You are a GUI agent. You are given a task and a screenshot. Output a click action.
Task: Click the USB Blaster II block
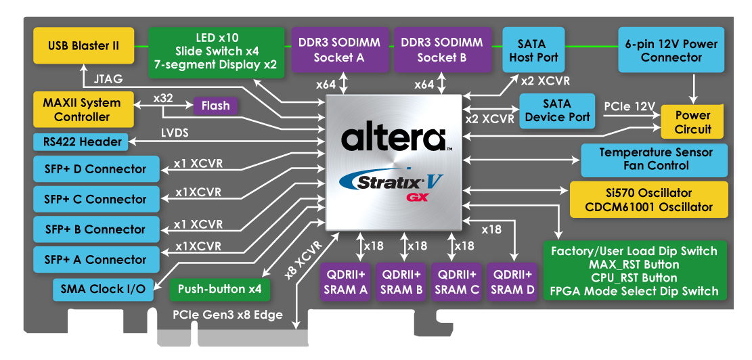(83, 46)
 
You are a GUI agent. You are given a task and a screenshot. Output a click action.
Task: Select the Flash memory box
(215, 106)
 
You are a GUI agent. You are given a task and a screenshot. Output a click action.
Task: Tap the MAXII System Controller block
(81, 110)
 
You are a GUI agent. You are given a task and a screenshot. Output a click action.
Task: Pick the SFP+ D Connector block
(95, 169)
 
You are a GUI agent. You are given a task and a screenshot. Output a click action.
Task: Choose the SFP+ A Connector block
(95, 260)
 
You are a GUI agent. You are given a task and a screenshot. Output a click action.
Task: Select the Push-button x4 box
(219, 289)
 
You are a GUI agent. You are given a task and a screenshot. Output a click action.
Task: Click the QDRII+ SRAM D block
(512, 282)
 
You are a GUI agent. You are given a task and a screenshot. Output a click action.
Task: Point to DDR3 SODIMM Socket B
(441, 49)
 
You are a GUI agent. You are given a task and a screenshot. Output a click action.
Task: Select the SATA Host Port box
(533, 49)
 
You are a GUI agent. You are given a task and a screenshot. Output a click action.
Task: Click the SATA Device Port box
(556, 110)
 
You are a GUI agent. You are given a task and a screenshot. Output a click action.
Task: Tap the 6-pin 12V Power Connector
(671, 49)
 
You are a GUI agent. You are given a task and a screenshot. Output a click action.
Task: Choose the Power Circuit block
(692, 122)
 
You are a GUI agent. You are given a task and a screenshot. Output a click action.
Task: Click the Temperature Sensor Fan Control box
(655, 159)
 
